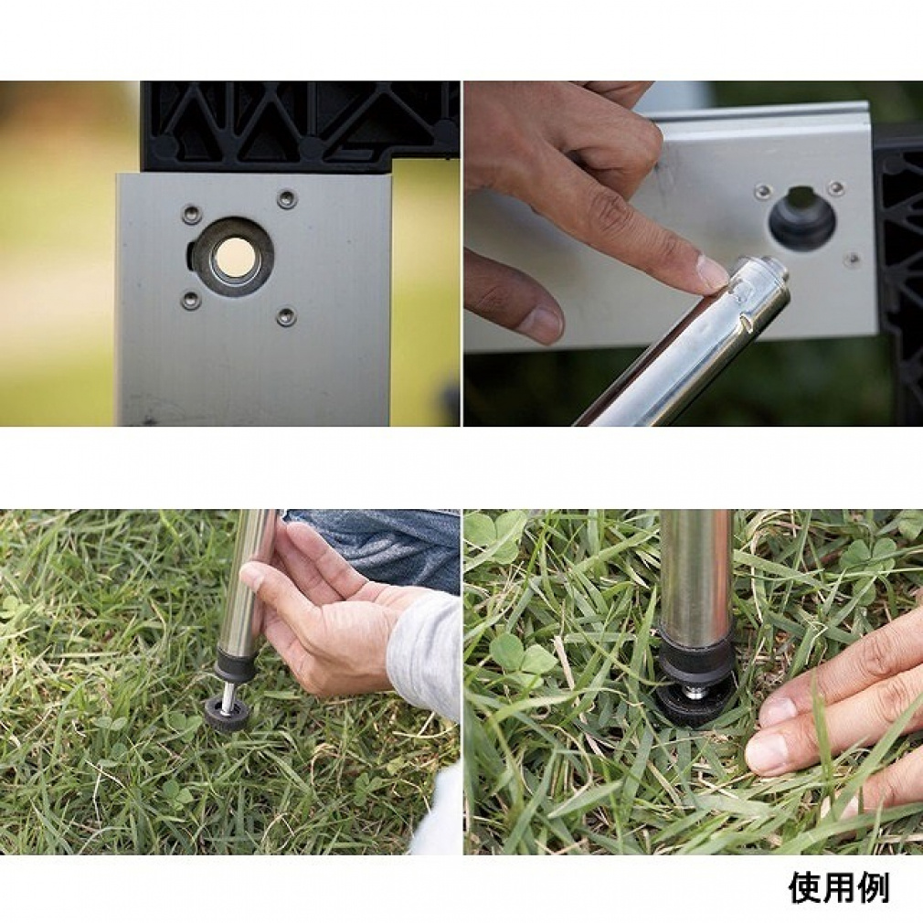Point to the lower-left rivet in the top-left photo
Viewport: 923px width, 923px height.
coord(190,301)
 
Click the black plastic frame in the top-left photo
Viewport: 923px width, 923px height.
coord(301,123)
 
